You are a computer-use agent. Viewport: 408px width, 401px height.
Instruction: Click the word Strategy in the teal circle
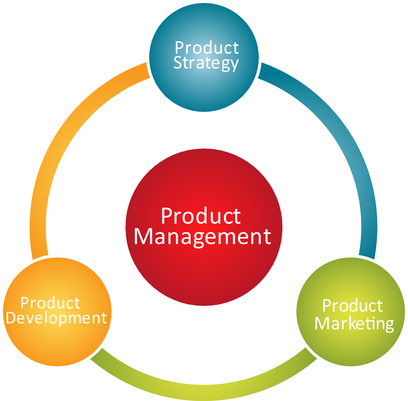coord(206,63)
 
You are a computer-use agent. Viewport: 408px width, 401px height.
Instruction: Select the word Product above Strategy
coord(207,47)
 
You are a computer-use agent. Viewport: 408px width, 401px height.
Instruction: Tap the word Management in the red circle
coord(203,237)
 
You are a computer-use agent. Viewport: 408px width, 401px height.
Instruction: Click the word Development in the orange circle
coord(56,318)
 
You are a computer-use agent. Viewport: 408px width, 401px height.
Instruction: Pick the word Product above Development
coord(50,303)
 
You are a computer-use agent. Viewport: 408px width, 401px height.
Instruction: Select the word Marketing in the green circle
coord(354,324)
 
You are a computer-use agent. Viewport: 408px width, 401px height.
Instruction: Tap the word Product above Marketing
coord(353,305)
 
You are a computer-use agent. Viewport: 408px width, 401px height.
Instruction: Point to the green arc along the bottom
coord(204,392)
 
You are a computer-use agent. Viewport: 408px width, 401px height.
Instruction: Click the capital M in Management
coord(143,237)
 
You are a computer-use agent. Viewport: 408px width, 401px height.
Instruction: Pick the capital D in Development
coord(11,318)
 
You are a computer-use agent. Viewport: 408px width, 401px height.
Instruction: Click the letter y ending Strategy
coord(234,65)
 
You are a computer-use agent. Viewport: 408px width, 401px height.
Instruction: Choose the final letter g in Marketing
coord(389,326)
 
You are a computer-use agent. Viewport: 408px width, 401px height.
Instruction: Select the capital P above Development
coord(25,303)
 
